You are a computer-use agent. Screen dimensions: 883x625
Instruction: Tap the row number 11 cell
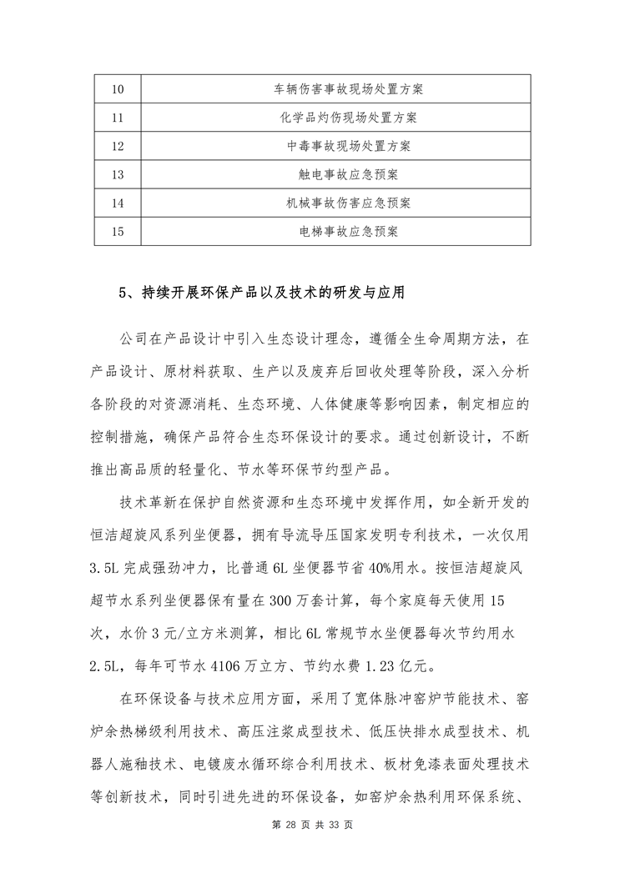tap(117, 118)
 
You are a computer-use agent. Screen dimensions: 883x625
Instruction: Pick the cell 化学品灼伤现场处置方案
tap(336, 118)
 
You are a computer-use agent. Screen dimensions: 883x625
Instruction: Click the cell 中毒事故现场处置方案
tap(336, 146)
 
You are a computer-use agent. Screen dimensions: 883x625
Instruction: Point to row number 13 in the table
tap(117, 174)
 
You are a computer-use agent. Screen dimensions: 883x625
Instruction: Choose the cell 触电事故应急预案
tap(336, 174)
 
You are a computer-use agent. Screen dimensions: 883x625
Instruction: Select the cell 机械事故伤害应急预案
tap(336, 203)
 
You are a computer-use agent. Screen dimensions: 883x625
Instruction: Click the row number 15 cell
tap(117, 231)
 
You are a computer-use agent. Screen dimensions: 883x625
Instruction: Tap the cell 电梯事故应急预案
tap(336, 231)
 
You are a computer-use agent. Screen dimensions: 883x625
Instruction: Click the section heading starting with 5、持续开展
tap(262, 293)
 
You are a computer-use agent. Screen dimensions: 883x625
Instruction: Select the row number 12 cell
tap(117, 146)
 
